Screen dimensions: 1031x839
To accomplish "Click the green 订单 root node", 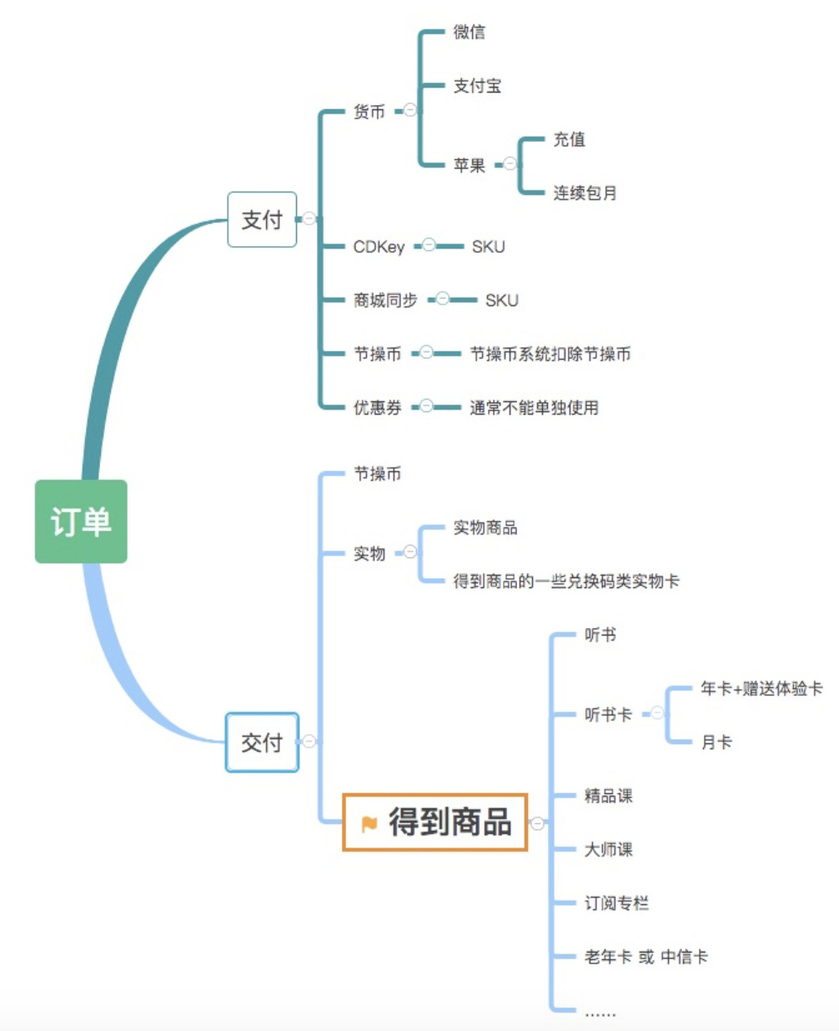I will pos(81,521).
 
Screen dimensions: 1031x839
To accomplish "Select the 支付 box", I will pos(262,219).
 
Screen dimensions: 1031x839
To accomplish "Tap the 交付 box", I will pos(262,742).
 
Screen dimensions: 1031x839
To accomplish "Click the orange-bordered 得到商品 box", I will pos(435,822).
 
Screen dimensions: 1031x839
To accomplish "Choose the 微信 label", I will pos(470,32).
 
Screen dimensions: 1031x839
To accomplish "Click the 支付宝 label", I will pos(477,85).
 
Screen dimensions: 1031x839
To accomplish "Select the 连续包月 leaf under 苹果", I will pos(585,193).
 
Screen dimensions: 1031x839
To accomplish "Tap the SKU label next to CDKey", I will pos(488,246).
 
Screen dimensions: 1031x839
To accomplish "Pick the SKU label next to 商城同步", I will pos(501,300).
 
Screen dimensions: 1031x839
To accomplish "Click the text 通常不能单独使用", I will pos(534,407).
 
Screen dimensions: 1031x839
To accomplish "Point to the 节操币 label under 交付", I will pos(377,474).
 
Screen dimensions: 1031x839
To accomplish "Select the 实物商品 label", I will pos(485,527).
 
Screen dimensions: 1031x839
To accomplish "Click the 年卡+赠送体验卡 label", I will pos(761,688).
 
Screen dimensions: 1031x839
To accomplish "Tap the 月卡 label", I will pos(716,742).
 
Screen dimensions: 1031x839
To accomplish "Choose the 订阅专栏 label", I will pos(616,903).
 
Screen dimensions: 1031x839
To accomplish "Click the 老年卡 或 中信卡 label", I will pos(646,957).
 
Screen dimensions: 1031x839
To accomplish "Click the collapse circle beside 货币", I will pos(410,110).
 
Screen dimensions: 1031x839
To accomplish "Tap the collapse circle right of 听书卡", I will pos(657,713).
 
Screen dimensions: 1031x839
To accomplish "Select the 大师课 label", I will pos(608,849).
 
